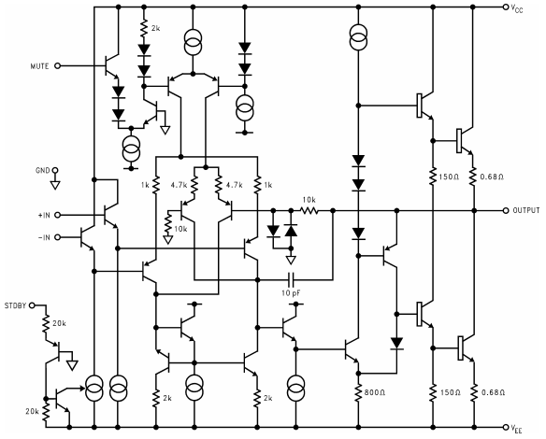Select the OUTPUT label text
[x=525, y=211]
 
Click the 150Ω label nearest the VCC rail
[x=448, y=177]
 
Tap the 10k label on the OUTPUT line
[x=308, y=200]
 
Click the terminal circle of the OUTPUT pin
[x=505, y=211]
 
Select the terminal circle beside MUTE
[x=58, y=66]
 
